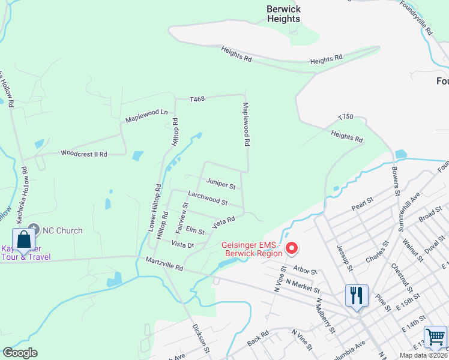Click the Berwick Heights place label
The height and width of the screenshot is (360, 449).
pyautogui.click(x=284, y=14)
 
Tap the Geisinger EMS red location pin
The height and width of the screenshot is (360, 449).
pyautogui.click(x=292, y=247)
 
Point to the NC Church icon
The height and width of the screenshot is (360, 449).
pyautogui.click(x=34, y=229)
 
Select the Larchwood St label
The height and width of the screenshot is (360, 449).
pyautogui.click(x=208, y=198)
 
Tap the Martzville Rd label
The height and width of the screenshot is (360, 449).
pyautogui.click(x=163, y=265)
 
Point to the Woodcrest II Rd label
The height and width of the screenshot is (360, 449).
pyautogui.click(x=83, y=154)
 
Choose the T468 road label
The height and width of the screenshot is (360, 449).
pyautogui.click(x=197, y=99)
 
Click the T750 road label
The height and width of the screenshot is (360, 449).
pyautogui.click(x=346, y=117)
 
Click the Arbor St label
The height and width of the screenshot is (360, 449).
pyautogui.click(x=306, y=271)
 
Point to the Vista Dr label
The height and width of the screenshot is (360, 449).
pyautogui.click(x=182, y=244)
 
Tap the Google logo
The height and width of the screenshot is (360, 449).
pyautogui.click(x=20, y=353)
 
